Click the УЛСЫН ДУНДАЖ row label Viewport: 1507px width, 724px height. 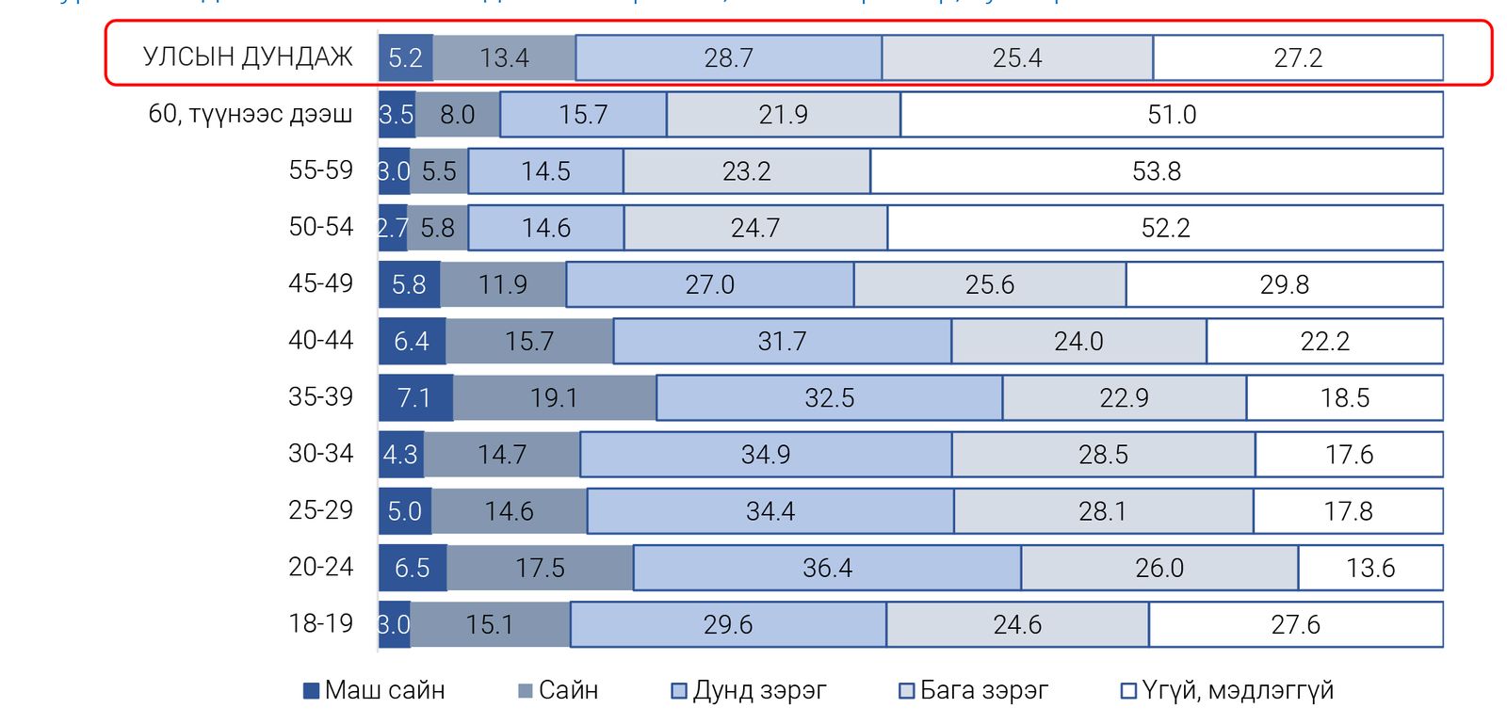(248, 57)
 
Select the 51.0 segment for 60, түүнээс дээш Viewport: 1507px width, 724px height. (1171, 115)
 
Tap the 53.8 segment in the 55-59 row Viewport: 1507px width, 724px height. (1156, 171)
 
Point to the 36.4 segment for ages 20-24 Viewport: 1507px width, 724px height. (827, 568)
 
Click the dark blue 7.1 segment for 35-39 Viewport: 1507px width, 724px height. (414, 398)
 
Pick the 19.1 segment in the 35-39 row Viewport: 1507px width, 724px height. (554, 398)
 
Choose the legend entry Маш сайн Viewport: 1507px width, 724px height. (374, 690)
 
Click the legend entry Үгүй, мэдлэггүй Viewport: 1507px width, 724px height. (1227, 690)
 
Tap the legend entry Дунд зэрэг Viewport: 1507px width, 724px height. (749, 690)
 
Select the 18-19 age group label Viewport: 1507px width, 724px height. (320, 623)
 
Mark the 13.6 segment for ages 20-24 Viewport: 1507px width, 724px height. (1370, 568)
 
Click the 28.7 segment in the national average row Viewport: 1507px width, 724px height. (728, 58)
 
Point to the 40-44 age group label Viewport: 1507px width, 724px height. (320, 340)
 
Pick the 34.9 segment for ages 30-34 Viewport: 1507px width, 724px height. (766, 455)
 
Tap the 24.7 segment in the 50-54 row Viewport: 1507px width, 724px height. (754, 228)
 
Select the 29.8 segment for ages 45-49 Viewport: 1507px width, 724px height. (1284, 284)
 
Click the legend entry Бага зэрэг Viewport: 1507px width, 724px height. (974, 690)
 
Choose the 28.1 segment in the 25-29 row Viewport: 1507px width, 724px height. (1102, 511)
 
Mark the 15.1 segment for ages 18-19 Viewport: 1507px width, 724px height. (490, 624)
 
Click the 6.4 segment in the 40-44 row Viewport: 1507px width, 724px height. (412, 341)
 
